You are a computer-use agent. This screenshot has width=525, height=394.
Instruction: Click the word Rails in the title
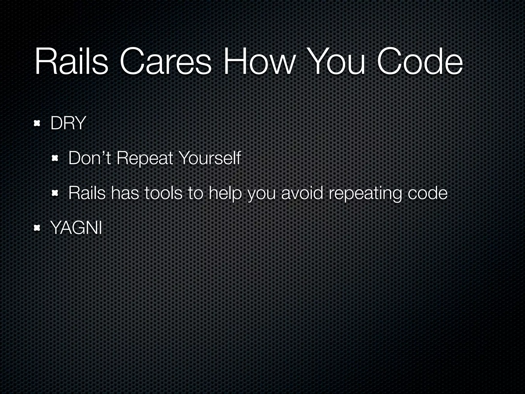[71, 63]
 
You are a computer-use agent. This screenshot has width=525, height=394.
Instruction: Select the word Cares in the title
[165, 63]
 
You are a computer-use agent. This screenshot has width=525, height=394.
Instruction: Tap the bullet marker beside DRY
[37, 124]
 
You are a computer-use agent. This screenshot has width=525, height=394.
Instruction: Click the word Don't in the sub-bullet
[89, 158]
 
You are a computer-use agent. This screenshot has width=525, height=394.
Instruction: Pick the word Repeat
[145, 159]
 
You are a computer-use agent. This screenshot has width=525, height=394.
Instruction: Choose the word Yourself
[210, 158]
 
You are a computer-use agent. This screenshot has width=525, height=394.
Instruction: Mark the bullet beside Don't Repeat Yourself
[55, 159]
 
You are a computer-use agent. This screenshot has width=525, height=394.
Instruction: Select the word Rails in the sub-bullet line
[87, 193]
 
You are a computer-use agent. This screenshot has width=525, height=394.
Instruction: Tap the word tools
[163, 193]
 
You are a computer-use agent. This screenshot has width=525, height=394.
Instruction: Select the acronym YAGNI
[76, 228]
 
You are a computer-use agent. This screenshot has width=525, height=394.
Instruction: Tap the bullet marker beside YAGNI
[37, 228]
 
